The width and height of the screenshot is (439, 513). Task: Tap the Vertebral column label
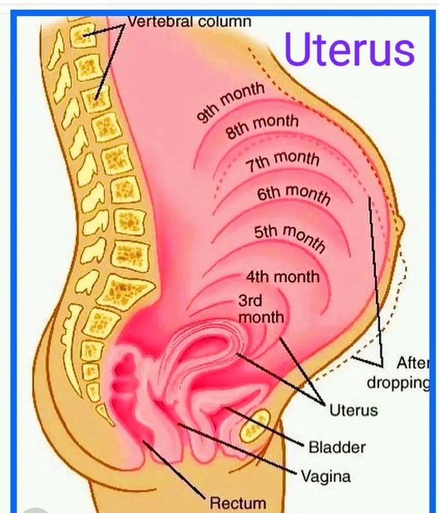pyautogui.click(x=189, y=21)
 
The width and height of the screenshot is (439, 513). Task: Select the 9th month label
pyautogui.click(x=231, y=101)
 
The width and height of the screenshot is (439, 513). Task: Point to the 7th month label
pyautogui.click(x=282, y=160)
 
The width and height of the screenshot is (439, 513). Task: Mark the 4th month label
pyautogui.click(x=282, y=276)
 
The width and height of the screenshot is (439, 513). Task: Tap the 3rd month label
pyautogui.click(x=261, y=309)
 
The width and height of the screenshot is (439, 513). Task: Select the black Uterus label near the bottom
pyautogui.click(x=353, y=410)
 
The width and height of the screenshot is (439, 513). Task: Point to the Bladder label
pyautogui.click(x=336, y=446)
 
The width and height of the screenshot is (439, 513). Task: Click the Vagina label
pyautogui.click(x=326, y=476)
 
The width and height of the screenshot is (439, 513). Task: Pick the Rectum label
pyautogui.click(x=238, y=503)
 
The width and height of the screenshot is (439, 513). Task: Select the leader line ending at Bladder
pyautogui.click(x=267, y=426)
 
